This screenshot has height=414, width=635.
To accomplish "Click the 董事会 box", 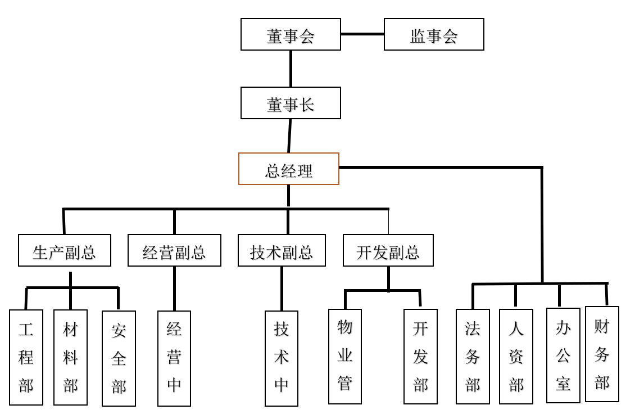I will [291, 34].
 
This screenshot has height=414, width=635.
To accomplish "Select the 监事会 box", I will [434, 34].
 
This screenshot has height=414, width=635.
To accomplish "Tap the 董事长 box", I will [291, 103].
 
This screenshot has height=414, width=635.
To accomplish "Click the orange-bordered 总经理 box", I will [289, 169].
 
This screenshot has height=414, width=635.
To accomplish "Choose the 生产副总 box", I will [65, 250].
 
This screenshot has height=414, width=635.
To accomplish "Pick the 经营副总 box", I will [174, 250].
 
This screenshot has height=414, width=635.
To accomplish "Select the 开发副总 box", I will [388, 250].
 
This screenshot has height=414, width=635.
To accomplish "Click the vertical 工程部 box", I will [26, 357].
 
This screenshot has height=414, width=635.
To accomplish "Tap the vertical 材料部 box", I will [70, 357].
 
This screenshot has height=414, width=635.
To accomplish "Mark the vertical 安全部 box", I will [119, 358].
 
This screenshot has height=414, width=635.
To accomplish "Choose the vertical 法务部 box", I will [473, 357].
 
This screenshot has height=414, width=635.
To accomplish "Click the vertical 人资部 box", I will [516, 357].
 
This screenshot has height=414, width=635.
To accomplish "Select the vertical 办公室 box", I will [563, 355].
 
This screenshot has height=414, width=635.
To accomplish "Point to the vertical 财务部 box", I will [602, 354].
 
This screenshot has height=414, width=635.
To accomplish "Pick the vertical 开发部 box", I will [420, 357].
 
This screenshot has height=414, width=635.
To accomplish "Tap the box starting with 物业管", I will [345, 357].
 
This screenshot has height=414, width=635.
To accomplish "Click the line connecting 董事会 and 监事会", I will [362, 34].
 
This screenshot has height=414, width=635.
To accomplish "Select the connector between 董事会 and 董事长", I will [291, 69].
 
